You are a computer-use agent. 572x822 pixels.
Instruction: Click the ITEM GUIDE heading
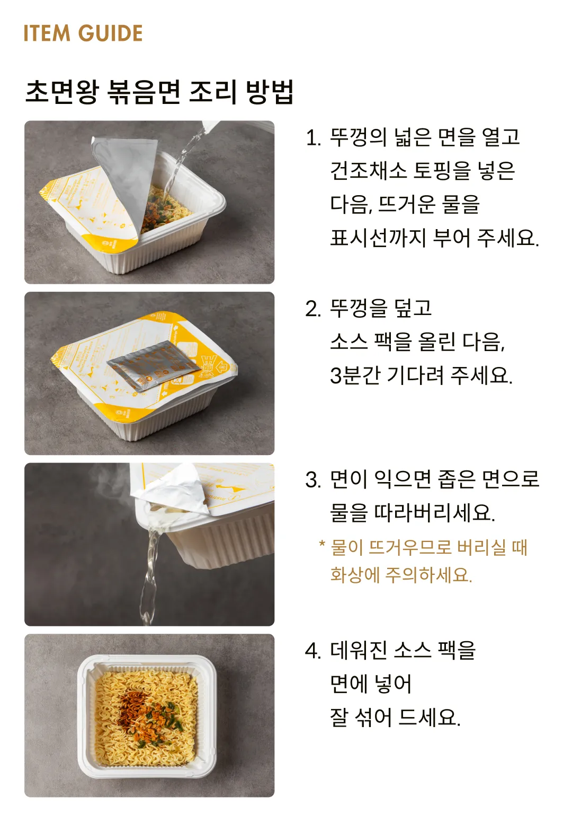click(x=83, y=33)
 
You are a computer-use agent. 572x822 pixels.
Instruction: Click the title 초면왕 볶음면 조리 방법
click(x=159, y=92)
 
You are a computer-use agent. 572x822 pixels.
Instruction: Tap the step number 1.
click(x=312, y=138)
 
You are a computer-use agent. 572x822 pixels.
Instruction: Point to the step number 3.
click(x=312, y=480)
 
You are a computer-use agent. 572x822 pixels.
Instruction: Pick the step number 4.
click(x=312, y=651)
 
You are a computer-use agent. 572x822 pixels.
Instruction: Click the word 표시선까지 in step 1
click(x=378, y=238)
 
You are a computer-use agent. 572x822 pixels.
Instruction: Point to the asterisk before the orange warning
click(x=321, y=545)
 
